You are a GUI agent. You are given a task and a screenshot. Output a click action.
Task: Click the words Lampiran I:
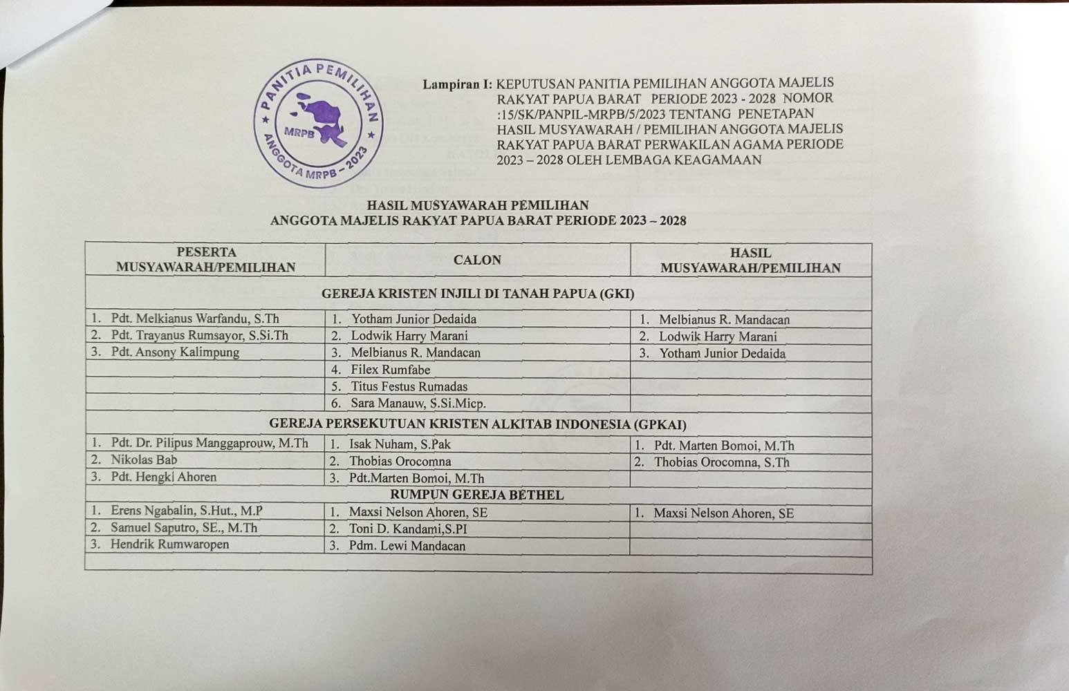[457, 84]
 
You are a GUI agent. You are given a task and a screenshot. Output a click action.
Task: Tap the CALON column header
[477, 260]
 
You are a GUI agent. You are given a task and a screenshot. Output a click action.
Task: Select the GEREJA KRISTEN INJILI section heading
[477, 294]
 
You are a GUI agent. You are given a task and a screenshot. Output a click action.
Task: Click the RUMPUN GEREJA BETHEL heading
[476, 495]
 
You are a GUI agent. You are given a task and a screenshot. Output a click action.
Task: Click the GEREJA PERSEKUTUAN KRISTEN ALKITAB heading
[477, 424]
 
